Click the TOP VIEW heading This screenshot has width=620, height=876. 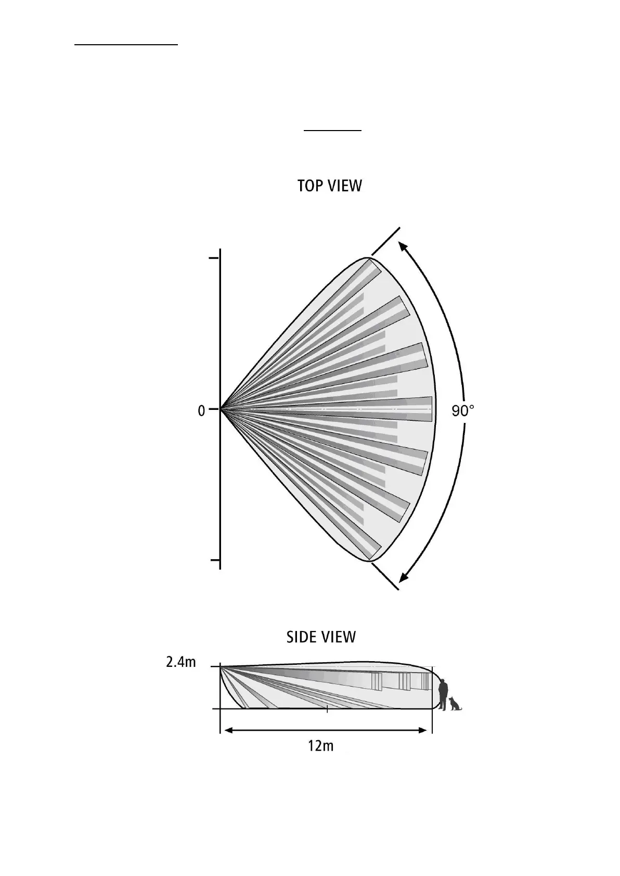tap(329, 186)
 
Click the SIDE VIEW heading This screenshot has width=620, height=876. tap(321, 637)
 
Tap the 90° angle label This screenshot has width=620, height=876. tap(462, 411)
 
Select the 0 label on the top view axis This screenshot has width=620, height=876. tap(201, 411)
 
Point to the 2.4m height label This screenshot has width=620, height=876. tap(181, 662)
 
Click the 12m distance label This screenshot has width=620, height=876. tap(320, 746)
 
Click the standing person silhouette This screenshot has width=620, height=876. tap(443, 694)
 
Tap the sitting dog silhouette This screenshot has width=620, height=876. tap(456, 703)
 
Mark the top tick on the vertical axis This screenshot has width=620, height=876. tap(214, 257)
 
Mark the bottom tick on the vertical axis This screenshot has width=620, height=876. tap(214, 560)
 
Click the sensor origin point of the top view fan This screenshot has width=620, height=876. tap(221, 409)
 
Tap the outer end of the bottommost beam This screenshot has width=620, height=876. tap(375, 552)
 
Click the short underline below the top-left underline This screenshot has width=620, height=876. tap(332, 131)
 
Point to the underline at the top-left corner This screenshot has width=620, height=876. tap(126, 45)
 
